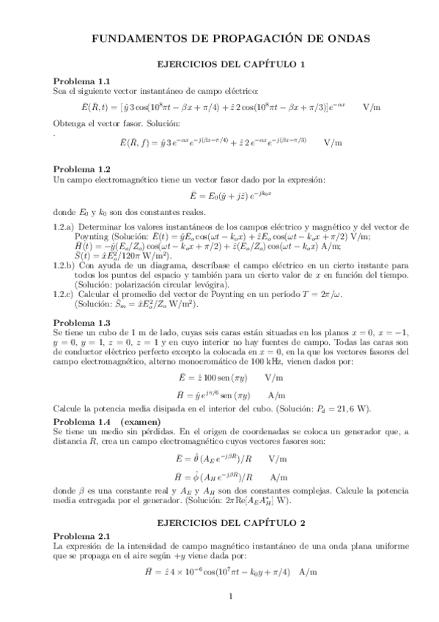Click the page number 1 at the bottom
tap(230, 603)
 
